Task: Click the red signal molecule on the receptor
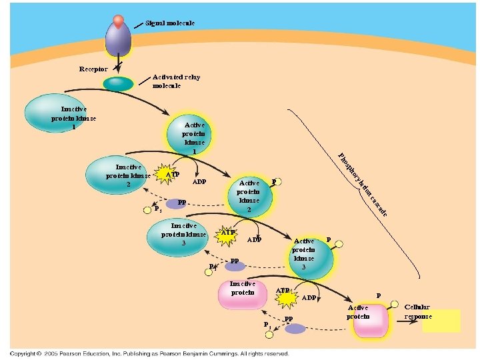pos(118,21)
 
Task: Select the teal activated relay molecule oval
pos(118,83)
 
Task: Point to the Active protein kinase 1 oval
pos(194,137)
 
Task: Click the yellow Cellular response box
pos(441,321)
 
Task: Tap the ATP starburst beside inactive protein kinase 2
pos(171,175)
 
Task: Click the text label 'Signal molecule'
pos(170,23)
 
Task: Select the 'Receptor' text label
pos(93,69)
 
